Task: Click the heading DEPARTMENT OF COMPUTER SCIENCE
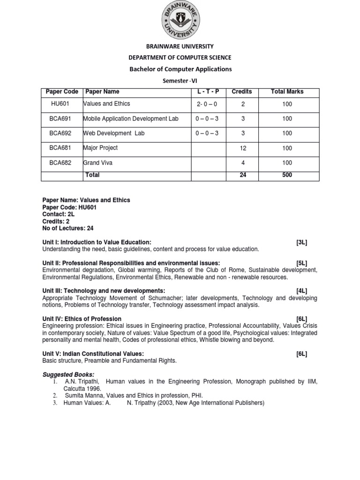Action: (x=180, y=58)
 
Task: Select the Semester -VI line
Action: (x=180, y=81)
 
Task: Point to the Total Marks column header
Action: (x=287, y=92)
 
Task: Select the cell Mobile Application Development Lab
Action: (x=130, y=119)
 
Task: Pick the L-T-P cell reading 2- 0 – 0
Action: (x=206, y=104)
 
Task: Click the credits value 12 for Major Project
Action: (x=243, y=148)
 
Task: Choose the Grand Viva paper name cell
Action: (x=98, y=163)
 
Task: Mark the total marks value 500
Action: (x=287, y=175)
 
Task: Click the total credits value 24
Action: (x=243, y=175)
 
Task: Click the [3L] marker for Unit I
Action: (x=301, y=242)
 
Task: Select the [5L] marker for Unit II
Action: (x=301, y=263)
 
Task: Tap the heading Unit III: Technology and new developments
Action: (x=104, y=291)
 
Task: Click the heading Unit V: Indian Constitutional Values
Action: (x=93, y=354)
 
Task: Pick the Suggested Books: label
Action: (x=68, y=375)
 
